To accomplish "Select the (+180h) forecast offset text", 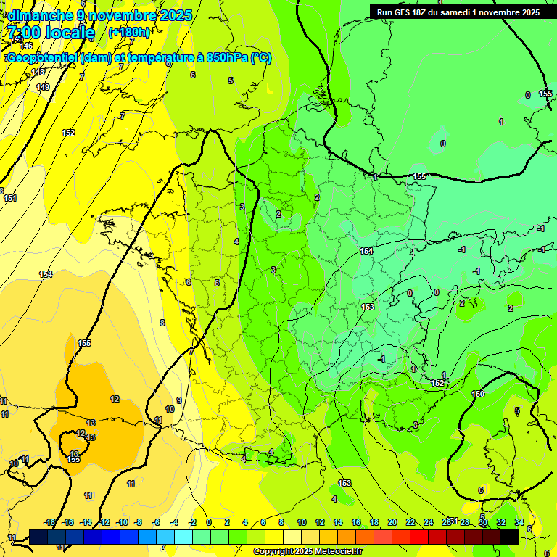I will coord(129,32).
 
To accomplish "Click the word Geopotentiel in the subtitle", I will coord(43,58).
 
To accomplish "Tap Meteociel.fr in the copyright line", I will coord(338,552).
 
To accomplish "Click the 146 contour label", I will coord(26,46).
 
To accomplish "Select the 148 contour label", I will coord(38,72).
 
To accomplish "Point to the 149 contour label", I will coord(43,87).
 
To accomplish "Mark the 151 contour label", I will coord(10,198).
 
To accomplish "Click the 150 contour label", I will coord(478,394).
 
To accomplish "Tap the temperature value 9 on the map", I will coord(178,400).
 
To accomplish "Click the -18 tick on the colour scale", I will coord(49,522).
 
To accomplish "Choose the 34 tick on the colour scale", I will coord(519,522).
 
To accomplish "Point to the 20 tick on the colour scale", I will coord(392,522).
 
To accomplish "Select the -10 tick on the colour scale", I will coord(121,522).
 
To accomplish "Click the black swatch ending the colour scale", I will coord(510,536).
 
